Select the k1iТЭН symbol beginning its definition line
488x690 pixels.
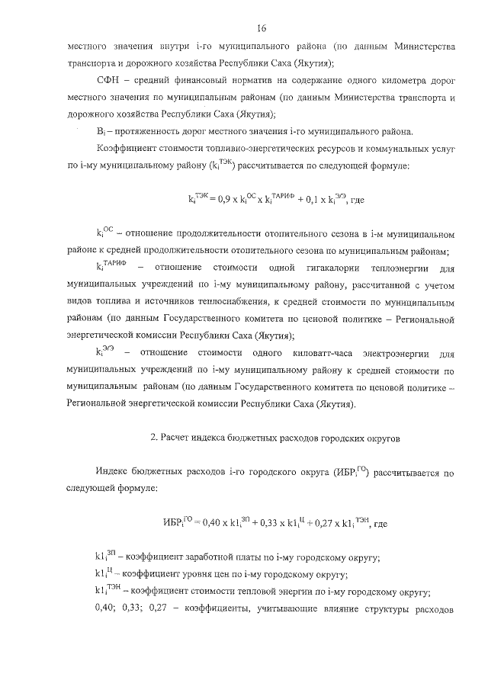(108, 592)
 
